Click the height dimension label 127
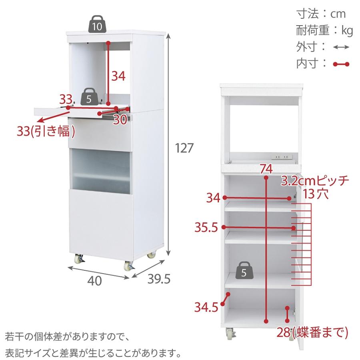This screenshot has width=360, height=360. (185, 148)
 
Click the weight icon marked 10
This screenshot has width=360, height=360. (96, 24)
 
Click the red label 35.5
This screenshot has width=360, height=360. (206, 228)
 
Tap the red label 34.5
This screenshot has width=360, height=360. (206, 307)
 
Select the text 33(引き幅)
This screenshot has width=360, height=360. (46, 131)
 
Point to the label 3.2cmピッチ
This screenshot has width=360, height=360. (315, 180)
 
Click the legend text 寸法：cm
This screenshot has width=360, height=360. (321, 14)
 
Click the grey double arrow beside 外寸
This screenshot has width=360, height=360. (341, 47)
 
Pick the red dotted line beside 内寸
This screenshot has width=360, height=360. (341, 64)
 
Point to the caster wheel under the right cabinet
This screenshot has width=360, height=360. (229, 333)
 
